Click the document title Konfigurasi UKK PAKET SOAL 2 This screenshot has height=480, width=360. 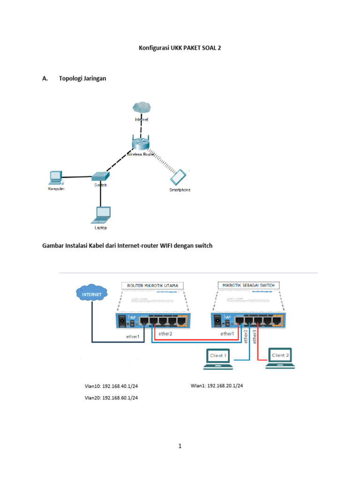[180, 48]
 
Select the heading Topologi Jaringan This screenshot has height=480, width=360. [82, 78]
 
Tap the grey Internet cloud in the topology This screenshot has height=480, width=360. [142, 107]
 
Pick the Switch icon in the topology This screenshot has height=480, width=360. [100, 176]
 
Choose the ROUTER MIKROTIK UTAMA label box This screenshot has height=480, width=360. [152, 285]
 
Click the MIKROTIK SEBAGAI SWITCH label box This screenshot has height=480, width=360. [248, 285]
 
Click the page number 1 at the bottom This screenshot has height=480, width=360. [180, 446]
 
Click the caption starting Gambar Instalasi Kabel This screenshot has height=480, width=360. [127, 245]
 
